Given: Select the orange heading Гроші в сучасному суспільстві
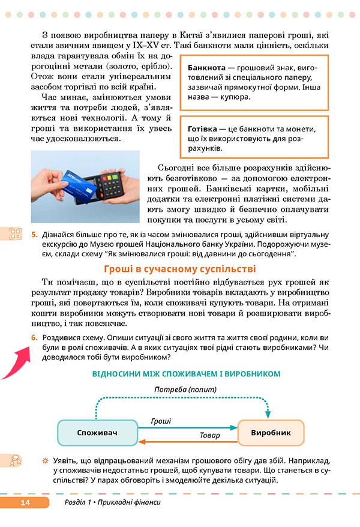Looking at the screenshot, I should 180,269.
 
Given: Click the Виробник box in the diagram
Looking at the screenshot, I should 271,432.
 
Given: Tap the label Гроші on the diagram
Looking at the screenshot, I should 161,422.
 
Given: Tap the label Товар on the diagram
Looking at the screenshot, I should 209,435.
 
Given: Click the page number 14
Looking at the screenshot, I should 25,502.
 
